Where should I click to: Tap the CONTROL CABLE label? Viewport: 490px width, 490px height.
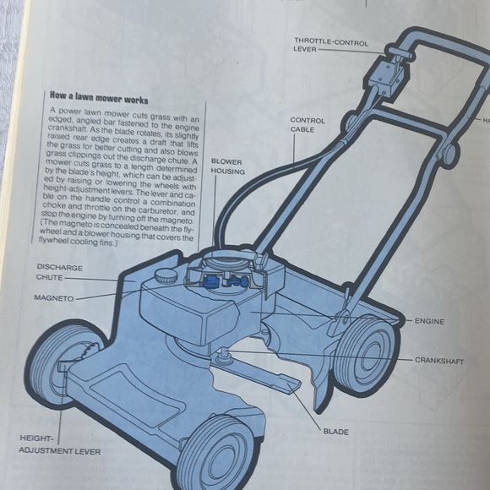click(307, 126)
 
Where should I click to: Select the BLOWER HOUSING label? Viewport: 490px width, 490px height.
click(227, 166)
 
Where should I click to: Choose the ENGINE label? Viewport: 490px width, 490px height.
click(430, 321)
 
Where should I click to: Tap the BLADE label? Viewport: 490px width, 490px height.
click(335, 431)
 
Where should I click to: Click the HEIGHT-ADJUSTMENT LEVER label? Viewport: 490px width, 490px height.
click(59, 444)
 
